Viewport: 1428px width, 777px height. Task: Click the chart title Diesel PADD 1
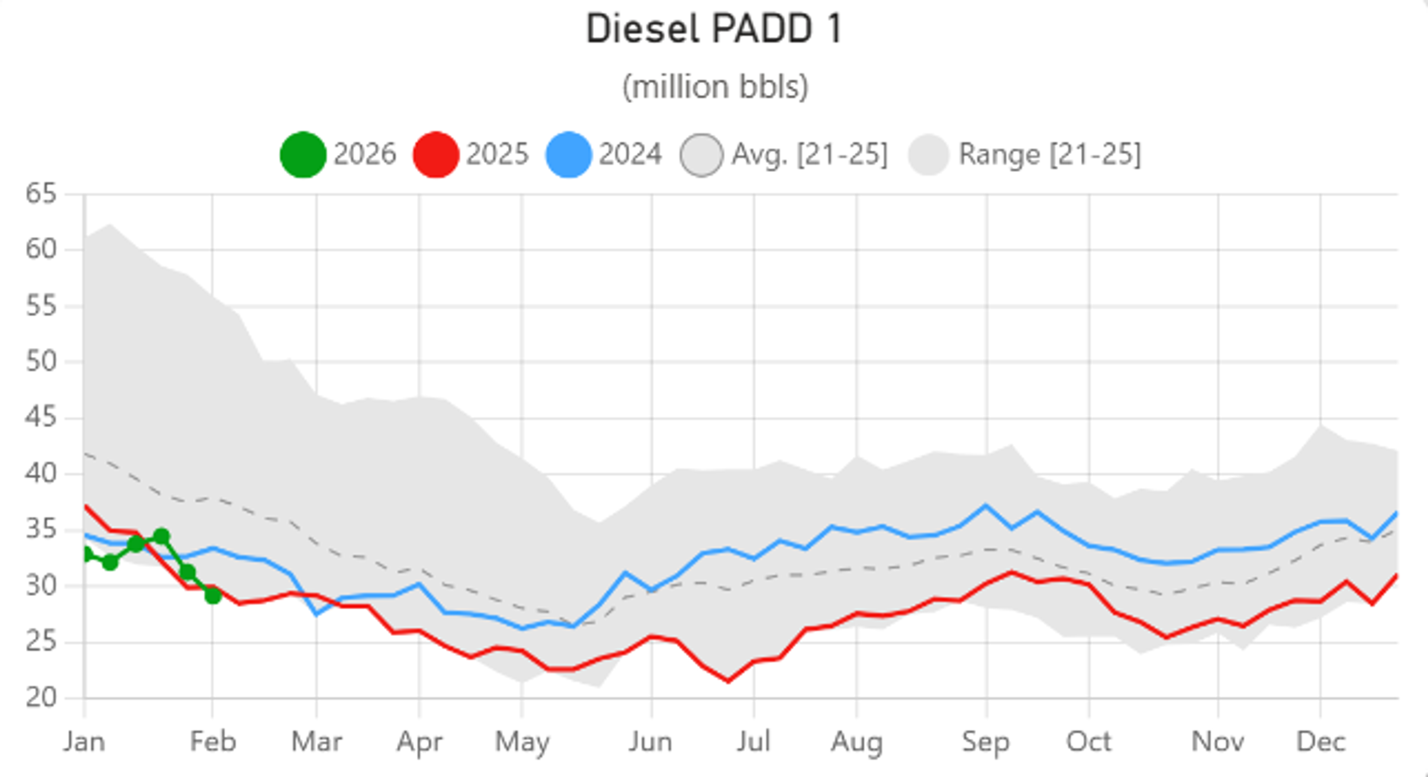click(714, 29)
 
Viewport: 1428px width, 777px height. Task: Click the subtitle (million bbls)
click(715, 87)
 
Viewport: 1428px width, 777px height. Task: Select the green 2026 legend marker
click(303, 155)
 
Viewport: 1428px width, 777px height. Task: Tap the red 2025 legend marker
click(436, 155)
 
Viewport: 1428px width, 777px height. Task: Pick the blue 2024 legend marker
click(568, 155)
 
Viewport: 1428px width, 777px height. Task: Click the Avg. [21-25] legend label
click(809, 155)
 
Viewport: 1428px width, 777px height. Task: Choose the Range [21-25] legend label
click(1050, 155)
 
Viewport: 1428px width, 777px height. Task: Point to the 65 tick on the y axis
click(41, 194)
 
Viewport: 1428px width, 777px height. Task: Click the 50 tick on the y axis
click(41, 362)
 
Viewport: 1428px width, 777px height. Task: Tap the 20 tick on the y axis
click(41, 698)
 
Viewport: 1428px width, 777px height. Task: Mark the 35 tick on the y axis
click(41, 530)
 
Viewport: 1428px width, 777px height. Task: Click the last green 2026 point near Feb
click(213, 596)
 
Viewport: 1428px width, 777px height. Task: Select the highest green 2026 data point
click(161, 536)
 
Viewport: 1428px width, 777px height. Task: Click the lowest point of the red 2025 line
click(728, 681)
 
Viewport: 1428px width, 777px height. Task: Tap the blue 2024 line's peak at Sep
click(985, 506)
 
